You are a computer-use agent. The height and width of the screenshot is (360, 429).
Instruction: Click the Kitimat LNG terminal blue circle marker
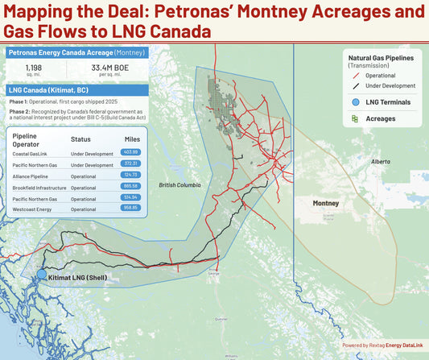[41, 276]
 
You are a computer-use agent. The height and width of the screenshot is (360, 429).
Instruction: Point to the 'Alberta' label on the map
[381, 161]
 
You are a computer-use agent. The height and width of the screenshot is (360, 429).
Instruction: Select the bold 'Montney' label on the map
[326, 203]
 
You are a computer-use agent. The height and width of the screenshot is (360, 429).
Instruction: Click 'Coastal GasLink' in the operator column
[31, 152]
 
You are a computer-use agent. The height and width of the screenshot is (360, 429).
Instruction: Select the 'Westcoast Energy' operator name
[33, 209]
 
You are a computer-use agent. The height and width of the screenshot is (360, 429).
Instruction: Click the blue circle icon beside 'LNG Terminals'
[355, 102]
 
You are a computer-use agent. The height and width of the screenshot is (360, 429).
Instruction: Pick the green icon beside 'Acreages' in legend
[355, 118]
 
